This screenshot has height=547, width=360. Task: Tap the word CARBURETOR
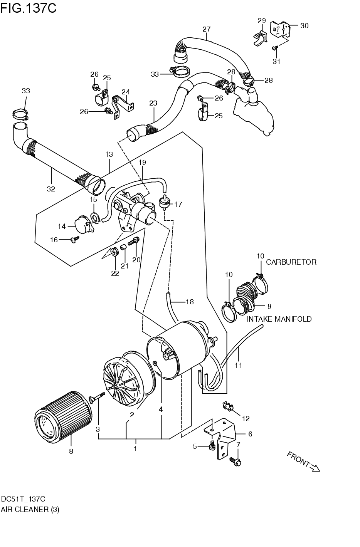(x=291, y=262)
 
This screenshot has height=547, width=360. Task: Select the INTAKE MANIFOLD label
(x=279, y=319)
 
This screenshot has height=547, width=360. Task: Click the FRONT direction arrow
(x=304, y=461)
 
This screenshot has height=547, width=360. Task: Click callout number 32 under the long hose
(x=50, y=189)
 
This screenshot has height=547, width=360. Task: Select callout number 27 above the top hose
(x=206, y=29)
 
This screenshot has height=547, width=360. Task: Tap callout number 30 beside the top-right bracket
(x=304, y=26)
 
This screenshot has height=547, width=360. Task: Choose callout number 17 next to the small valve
(x=178, y=205)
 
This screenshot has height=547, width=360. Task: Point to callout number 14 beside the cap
(x=62, y=226)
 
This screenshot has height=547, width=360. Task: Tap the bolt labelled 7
(x=235, y=460)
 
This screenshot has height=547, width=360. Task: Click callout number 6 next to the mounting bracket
(x=250, y=434)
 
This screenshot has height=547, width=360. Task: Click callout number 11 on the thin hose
(x=239, y=365)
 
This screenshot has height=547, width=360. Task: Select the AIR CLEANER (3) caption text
(x=30, y=509)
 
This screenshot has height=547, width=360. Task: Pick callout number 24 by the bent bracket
(x=126, y=92)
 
